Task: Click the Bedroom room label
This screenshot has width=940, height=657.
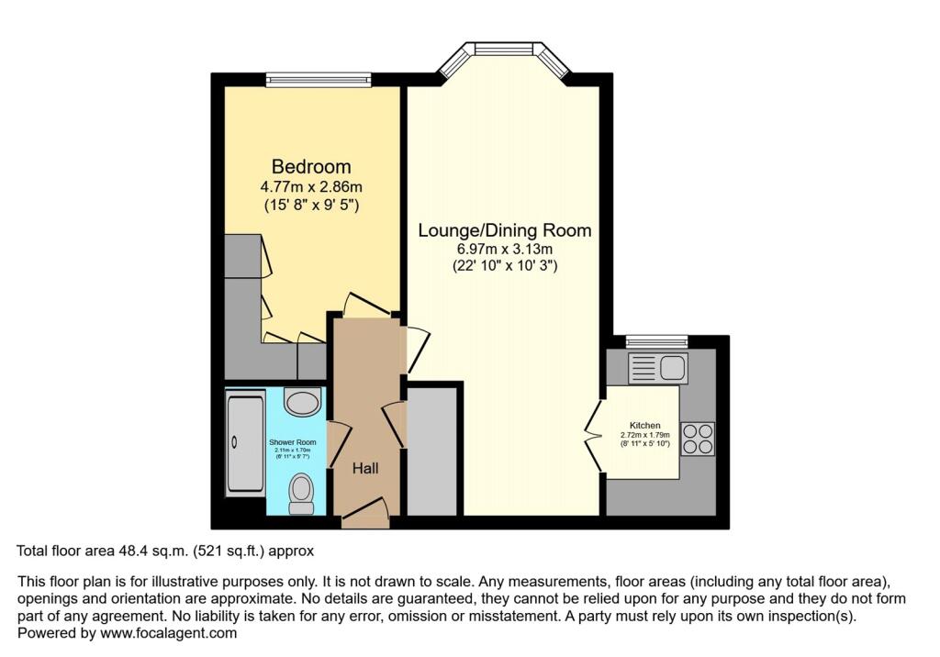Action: [x=311, y=166]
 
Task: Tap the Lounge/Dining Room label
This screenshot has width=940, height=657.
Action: [x=504, y=230]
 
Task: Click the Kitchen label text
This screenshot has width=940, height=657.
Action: [x=644, y=426]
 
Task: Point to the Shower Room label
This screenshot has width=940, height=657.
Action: [x=292, y=442]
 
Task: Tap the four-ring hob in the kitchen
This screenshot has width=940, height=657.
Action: [x=698, y=438]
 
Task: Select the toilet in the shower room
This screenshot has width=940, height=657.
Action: [x=301, y=494]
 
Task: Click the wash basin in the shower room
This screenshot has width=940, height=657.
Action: [x=302, y=401]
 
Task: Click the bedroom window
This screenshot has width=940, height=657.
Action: [x=319, y=81]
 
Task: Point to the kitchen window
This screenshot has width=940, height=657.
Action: [x=656, y=342]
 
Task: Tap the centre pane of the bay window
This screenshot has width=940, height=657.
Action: [x=503, y=48]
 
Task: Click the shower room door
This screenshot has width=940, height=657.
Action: [x=337, y=444]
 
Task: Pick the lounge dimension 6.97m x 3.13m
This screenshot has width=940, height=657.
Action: [x=504, y=249]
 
